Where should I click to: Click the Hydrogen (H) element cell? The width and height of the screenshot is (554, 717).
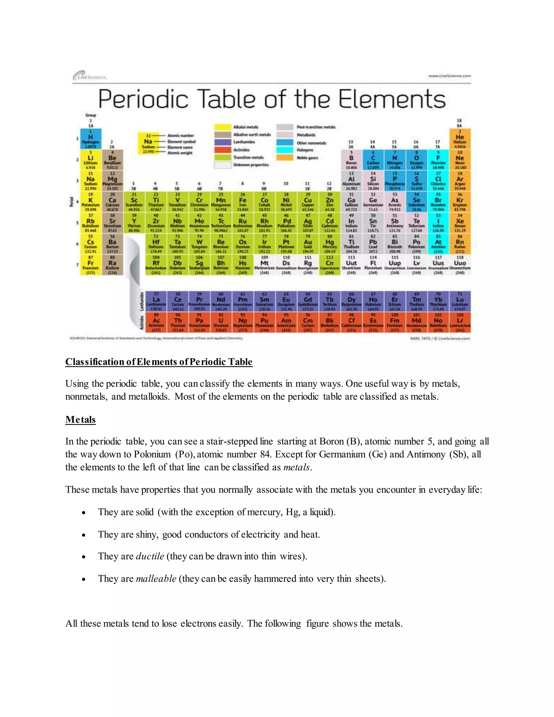coord(91,139)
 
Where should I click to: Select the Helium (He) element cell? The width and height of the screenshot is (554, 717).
coord(460,139)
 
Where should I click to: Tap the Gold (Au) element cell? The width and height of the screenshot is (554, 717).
coord(308,244)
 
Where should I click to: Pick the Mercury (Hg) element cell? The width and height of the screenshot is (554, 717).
coord(329,244)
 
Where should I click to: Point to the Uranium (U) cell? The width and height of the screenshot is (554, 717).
coord(221,322)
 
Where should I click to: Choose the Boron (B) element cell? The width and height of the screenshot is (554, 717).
coord(351,160)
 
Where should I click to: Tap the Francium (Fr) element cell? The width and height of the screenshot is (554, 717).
coord(91,265)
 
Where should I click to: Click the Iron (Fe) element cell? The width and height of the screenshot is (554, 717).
coord(243,202)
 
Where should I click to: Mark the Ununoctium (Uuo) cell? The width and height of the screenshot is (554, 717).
coord(460,265)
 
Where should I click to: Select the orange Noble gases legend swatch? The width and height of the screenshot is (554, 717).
coord(285,157)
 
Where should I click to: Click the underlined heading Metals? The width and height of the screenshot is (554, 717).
coord(80,420)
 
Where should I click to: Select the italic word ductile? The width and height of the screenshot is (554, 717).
coord(150,556)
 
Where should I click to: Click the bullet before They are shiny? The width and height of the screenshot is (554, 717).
coord(84,535)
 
